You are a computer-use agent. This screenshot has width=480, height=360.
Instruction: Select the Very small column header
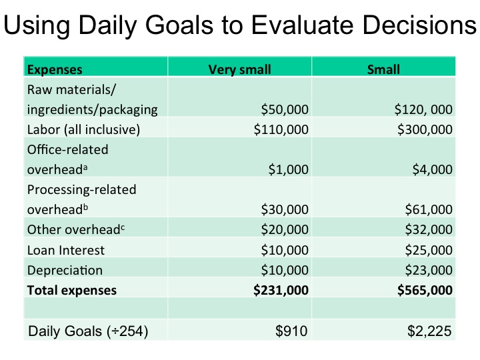click(240, 69)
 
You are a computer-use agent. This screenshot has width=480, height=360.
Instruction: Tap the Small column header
click(383, 69)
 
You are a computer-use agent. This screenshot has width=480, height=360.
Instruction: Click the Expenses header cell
click(55, 69)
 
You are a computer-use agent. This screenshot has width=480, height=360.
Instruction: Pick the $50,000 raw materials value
click(285, 109)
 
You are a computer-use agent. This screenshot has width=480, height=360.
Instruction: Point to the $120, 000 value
click(423, 109)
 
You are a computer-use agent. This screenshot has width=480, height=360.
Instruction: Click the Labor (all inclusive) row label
click(83, 129)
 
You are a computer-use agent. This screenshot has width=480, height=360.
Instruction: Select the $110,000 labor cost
click(281, 129)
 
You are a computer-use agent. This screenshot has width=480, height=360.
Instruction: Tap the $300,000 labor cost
click(425, 129)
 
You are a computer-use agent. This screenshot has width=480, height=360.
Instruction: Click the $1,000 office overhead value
click(289, 169)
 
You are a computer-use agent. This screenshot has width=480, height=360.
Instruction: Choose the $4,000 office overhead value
click(432, 169)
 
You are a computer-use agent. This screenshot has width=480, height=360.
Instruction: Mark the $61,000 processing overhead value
click(429, 210)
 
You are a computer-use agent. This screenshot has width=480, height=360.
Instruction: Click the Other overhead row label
click(76, 229)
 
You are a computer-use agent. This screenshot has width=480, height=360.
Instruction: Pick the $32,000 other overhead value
click(429, 229)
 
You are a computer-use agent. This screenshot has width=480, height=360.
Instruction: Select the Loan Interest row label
click(66, 250)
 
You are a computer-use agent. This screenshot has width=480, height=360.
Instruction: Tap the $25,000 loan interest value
click(429, 250)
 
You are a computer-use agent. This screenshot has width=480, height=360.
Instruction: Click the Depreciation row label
click(65, 270)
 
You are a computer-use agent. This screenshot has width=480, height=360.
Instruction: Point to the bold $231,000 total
click(281, 290)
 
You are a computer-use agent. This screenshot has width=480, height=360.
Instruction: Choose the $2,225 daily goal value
click(429, 331)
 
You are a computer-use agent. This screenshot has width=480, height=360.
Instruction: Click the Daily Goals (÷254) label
click(88, 331)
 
